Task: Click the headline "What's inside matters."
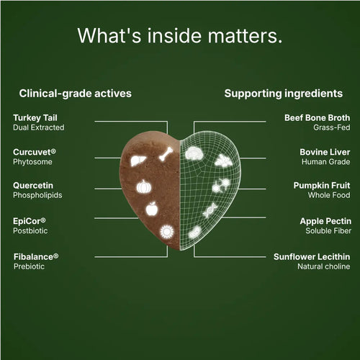(180, 35)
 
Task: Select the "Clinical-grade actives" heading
(76, 94)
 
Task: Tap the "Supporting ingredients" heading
(284, 94)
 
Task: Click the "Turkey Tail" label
(35, 118)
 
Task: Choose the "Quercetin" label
(33, 185)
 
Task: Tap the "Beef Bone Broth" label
(318, 117)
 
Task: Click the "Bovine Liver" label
(325, 152)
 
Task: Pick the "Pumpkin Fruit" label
(322, 185)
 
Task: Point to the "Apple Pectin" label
(325, 221)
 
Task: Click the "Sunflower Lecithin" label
(312, 257)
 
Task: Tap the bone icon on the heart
(166, 154)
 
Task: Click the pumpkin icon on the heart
(144, 186)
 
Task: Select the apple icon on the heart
(152, 209)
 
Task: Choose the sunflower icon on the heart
(167, 232)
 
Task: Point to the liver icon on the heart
(138, 161)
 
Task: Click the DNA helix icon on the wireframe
(210, 211)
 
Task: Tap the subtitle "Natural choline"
(324, 266)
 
